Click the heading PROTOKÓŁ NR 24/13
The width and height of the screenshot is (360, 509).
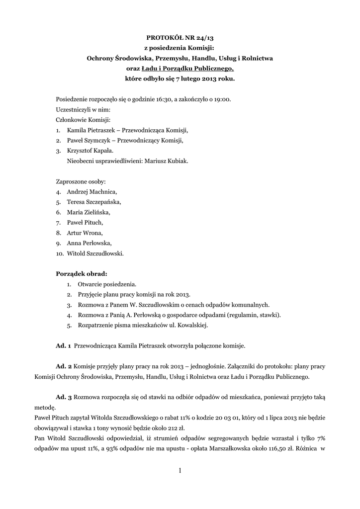tap(180, 37)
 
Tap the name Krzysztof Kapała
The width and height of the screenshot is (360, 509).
tap(90, 151)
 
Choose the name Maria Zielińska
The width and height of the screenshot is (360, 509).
tap(88, 212)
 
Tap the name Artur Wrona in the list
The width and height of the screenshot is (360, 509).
tap(85, 233)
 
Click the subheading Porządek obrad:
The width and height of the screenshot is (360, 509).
tap(81, 273)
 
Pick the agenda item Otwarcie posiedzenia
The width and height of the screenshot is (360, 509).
tap(107, 284)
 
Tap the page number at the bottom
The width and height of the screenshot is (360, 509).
tap(180, 470)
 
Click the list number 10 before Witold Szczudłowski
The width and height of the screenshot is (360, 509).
tap(59, 253)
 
